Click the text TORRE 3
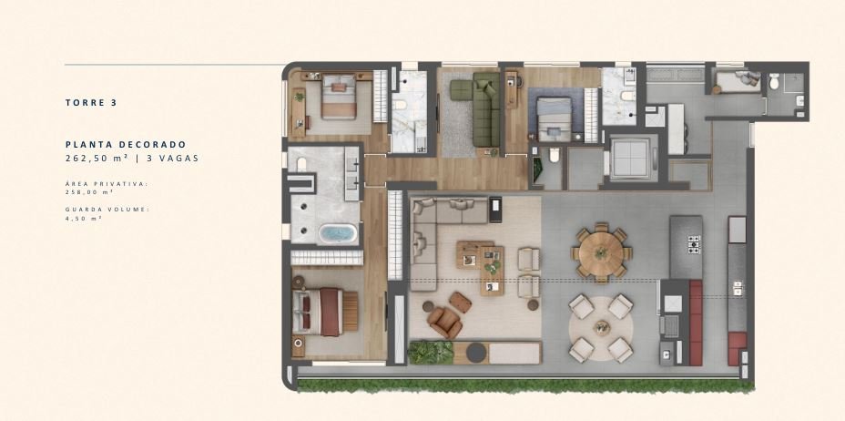[x=91, y=102]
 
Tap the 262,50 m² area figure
[x=97, y=159]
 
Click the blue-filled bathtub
[x=338, y=233]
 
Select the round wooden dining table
[x=601, y=252]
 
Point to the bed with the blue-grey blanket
[x=554, y=119]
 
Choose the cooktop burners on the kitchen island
[x=694, y=245]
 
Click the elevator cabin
[x=630, y=159]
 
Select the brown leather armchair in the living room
[x=444, y=323]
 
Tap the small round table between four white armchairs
[x=602, y=328]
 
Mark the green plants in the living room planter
[x=431, y=353]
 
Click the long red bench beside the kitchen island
[x=696, y=323]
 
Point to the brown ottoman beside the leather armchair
[x=460, y=303]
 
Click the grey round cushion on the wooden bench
[x=476, y=353]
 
